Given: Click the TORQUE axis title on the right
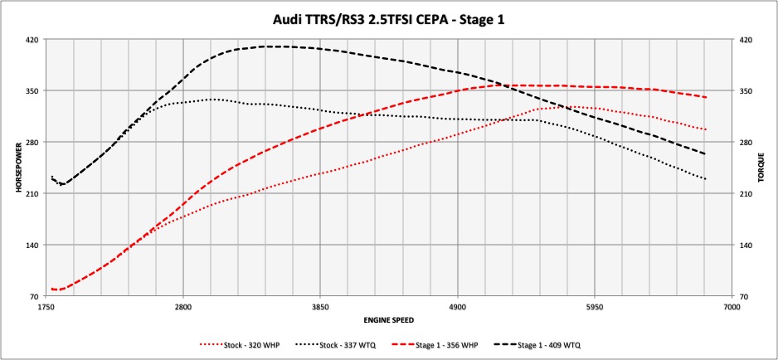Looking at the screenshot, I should point(761,168).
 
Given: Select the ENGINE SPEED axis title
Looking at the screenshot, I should point(389,319).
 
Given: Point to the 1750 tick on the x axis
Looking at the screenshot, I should point(46,307).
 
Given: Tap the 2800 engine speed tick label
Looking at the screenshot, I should point(183,307).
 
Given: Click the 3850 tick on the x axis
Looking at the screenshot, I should point(320,307).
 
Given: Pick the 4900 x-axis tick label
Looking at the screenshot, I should point(457,307).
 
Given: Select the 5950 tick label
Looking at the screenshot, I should point(594,307).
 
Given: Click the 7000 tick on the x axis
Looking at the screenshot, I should point(731,307).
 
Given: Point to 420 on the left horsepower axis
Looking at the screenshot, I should point(32,39).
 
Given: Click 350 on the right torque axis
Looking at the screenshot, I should point(746,90).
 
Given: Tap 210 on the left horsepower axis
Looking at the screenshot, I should point(32,193).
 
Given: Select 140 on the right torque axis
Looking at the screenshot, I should point(746,245).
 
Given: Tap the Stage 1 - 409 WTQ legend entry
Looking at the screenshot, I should point(558,343).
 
